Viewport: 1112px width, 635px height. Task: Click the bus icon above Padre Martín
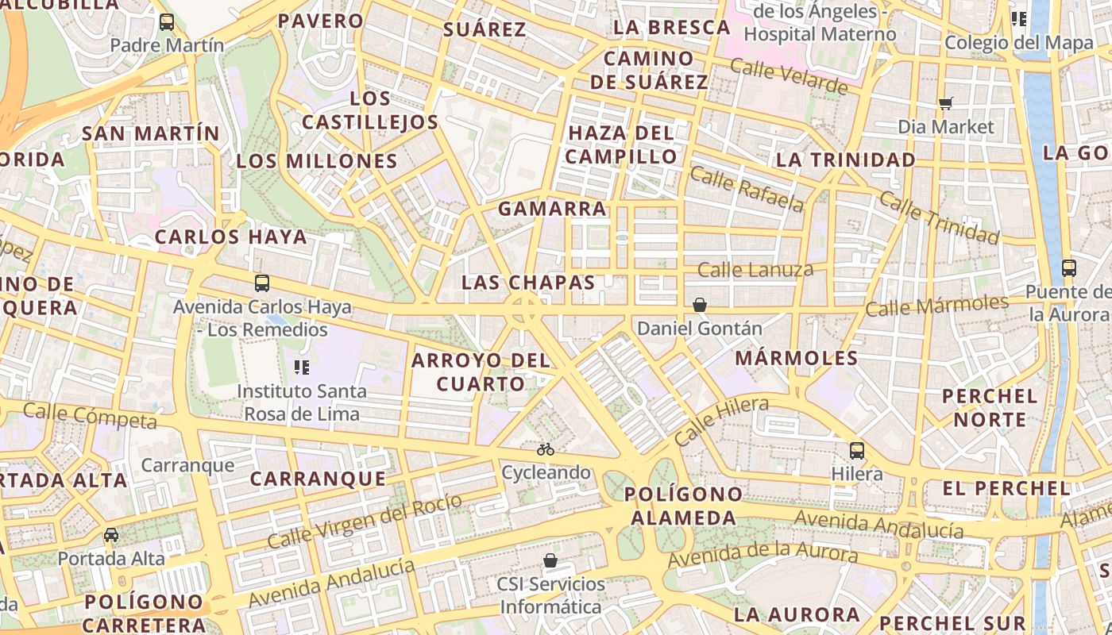167,22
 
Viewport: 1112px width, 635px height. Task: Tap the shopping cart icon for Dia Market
945,103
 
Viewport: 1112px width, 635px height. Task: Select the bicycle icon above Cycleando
546,449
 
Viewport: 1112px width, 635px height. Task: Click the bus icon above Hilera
857,451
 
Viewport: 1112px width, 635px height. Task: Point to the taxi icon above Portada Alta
111,535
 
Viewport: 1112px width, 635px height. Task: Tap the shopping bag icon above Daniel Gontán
700,305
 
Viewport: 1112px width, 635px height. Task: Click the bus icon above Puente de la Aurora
1069,268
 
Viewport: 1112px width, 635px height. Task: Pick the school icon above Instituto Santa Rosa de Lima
302,367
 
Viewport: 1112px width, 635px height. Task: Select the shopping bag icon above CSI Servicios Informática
550,561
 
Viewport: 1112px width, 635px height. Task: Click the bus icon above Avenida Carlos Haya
262,283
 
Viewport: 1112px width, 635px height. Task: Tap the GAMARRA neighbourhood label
552,210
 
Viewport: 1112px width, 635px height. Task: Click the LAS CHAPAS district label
528,283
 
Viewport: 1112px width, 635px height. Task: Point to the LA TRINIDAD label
846,160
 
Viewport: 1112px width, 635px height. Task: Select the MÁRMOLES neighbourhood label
797,358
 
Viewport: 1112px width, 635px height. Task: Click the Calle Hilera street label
721,421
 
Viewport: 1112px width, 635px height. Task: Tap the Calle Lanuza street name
755,270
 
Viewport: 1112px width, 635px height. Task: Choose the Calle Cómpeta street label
90,415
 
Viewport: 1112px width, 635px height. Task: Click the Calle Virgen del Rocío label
365,521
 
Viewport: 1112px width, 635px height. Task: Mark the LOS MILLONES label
317,161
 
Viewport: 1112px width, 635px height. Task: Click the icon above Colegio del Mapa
1019,19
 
